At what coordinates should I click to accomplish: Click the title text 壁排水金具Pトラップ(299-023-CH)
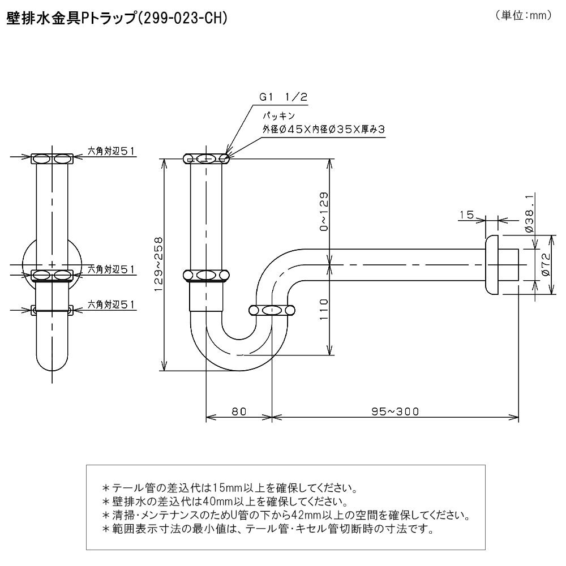pyautogui.click(x=117, y=18)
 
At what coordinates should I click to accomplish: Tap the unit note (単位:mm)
pyautogui.click(x=523, y=16)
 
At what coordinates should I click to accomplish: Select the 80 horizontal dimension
pyautogui.click(x=239, y=411)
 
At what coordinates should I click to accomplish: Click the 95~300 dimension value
pyautogui.click(x=396, y=411)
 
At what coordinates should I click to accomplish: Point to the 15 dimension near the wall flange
pyautogui.click(x=466, y=215)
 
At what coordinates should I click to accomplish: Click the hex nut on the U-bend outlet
pyautogui.click(x=272, y=310)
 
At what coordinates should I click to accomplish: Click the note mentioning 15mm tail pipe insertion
pyautogui.click(x=229, y=487)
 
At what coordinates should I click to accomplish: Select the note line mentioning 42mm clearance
pyautogui.click(x=286, y=516)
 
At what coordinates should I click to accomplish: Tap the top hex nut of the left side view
pyautogui.click(x=53, y=159)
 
